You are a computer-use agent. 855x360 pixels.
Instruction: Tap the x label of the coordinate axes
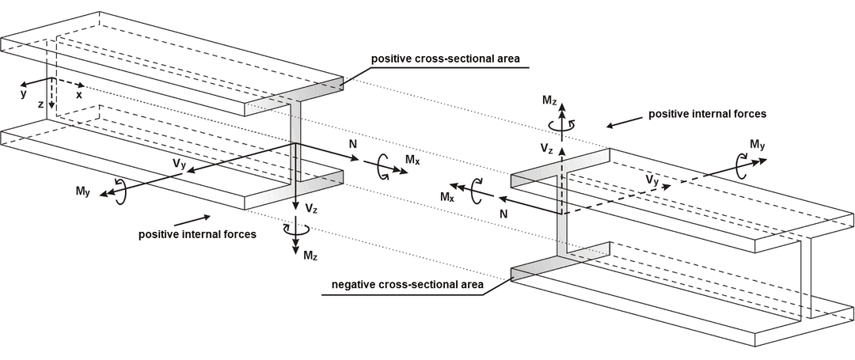point(79,94)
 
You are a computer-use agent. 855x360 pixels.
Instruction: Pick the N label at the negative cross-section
point(503,214)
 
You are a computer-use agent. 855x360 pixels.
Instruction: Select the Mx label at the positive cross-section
point(412,161)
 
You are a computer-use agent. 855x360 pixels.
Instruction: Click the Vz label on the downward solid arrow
point(311,210)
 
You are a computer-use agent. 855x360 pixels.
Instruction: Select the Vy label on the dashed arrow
point(652,181)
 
